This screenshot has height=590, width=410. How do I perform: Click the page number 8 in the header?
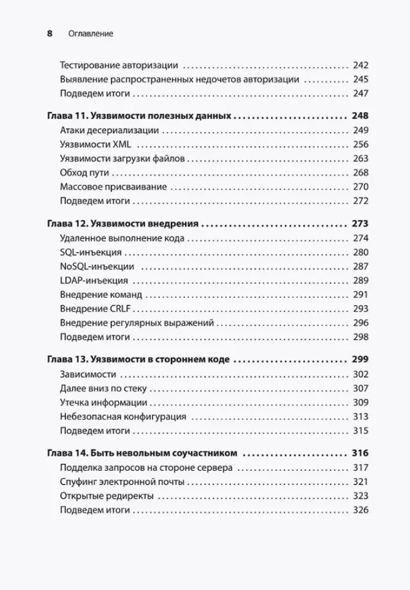coord(49,34)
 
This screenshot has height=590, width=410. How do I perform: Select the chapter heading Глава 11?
coord(138,116)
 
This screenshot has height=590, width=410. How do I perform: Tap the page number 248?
coord(359,116)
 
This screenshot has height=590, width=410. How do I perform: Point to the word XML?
coord(123,145)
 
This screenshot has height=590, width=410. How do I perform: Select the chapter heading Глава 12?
coord(122,224)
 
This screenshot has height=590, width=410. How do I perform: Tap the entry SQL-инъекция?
coord(91,252)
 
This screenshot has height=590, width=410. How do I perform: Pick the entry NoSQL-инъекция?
coord(97,266)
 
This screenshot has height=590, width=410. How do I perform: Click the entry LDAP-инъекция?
coord(94,280)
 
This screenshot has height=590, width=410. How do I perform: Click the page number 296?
coord(361,323)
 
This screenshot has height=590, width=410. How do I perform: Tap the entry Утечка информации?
coord(103,402)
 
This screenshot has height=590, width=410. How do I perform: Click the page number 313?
coord(361,417)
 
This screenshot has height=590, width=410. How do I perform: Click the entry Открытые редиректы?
coord(107,496)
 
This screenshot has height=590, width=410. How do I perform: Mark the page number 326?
coord(361,510)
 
